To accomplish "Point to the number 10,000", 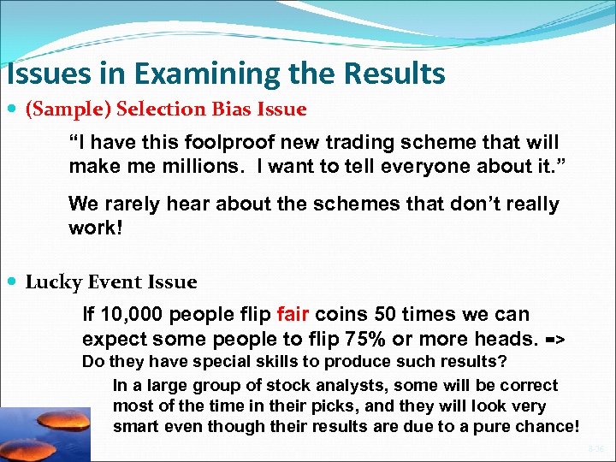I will click(x=124, y=314).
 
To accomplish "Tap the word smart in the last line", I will click(x=134, y=426).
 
